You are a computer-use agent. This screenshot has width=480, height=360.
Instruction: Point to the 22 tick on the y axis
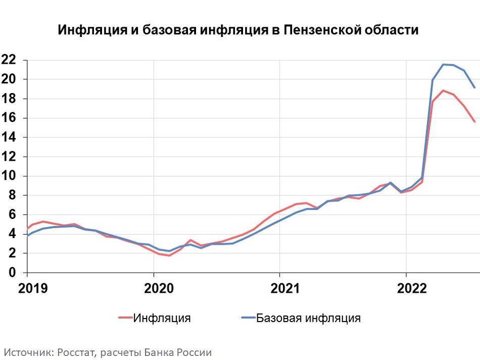click(9, 60)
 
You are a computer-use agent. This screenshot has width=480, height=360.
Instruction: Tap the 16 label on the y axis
click(9, 118)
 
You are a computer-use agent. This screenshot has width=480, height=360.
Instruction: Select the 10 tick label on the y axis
click(9, 176)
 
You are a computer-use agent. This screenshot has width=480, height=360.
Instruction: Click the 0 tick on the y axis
click(13, 273)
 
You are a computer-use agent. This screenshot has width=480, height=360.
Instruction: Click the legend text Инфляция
click(162, 318)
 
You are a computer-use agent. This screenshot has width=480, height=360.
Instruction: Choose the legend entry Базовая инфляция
click(308, 318)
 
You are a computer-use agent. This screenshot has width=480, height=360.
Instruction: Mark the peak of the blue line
click(443, 64)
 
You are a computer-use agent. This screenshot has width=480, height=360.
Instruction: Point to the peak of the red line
click(443, 91)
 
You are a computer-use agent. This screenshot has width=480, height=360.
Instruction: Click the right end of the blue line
click(474, 87)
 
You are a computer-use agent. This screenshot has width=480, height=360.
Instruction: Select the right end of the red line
click(474, 121)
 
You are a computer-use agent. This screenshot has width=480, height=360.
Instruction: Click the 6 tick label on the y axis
click(13, 215)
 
